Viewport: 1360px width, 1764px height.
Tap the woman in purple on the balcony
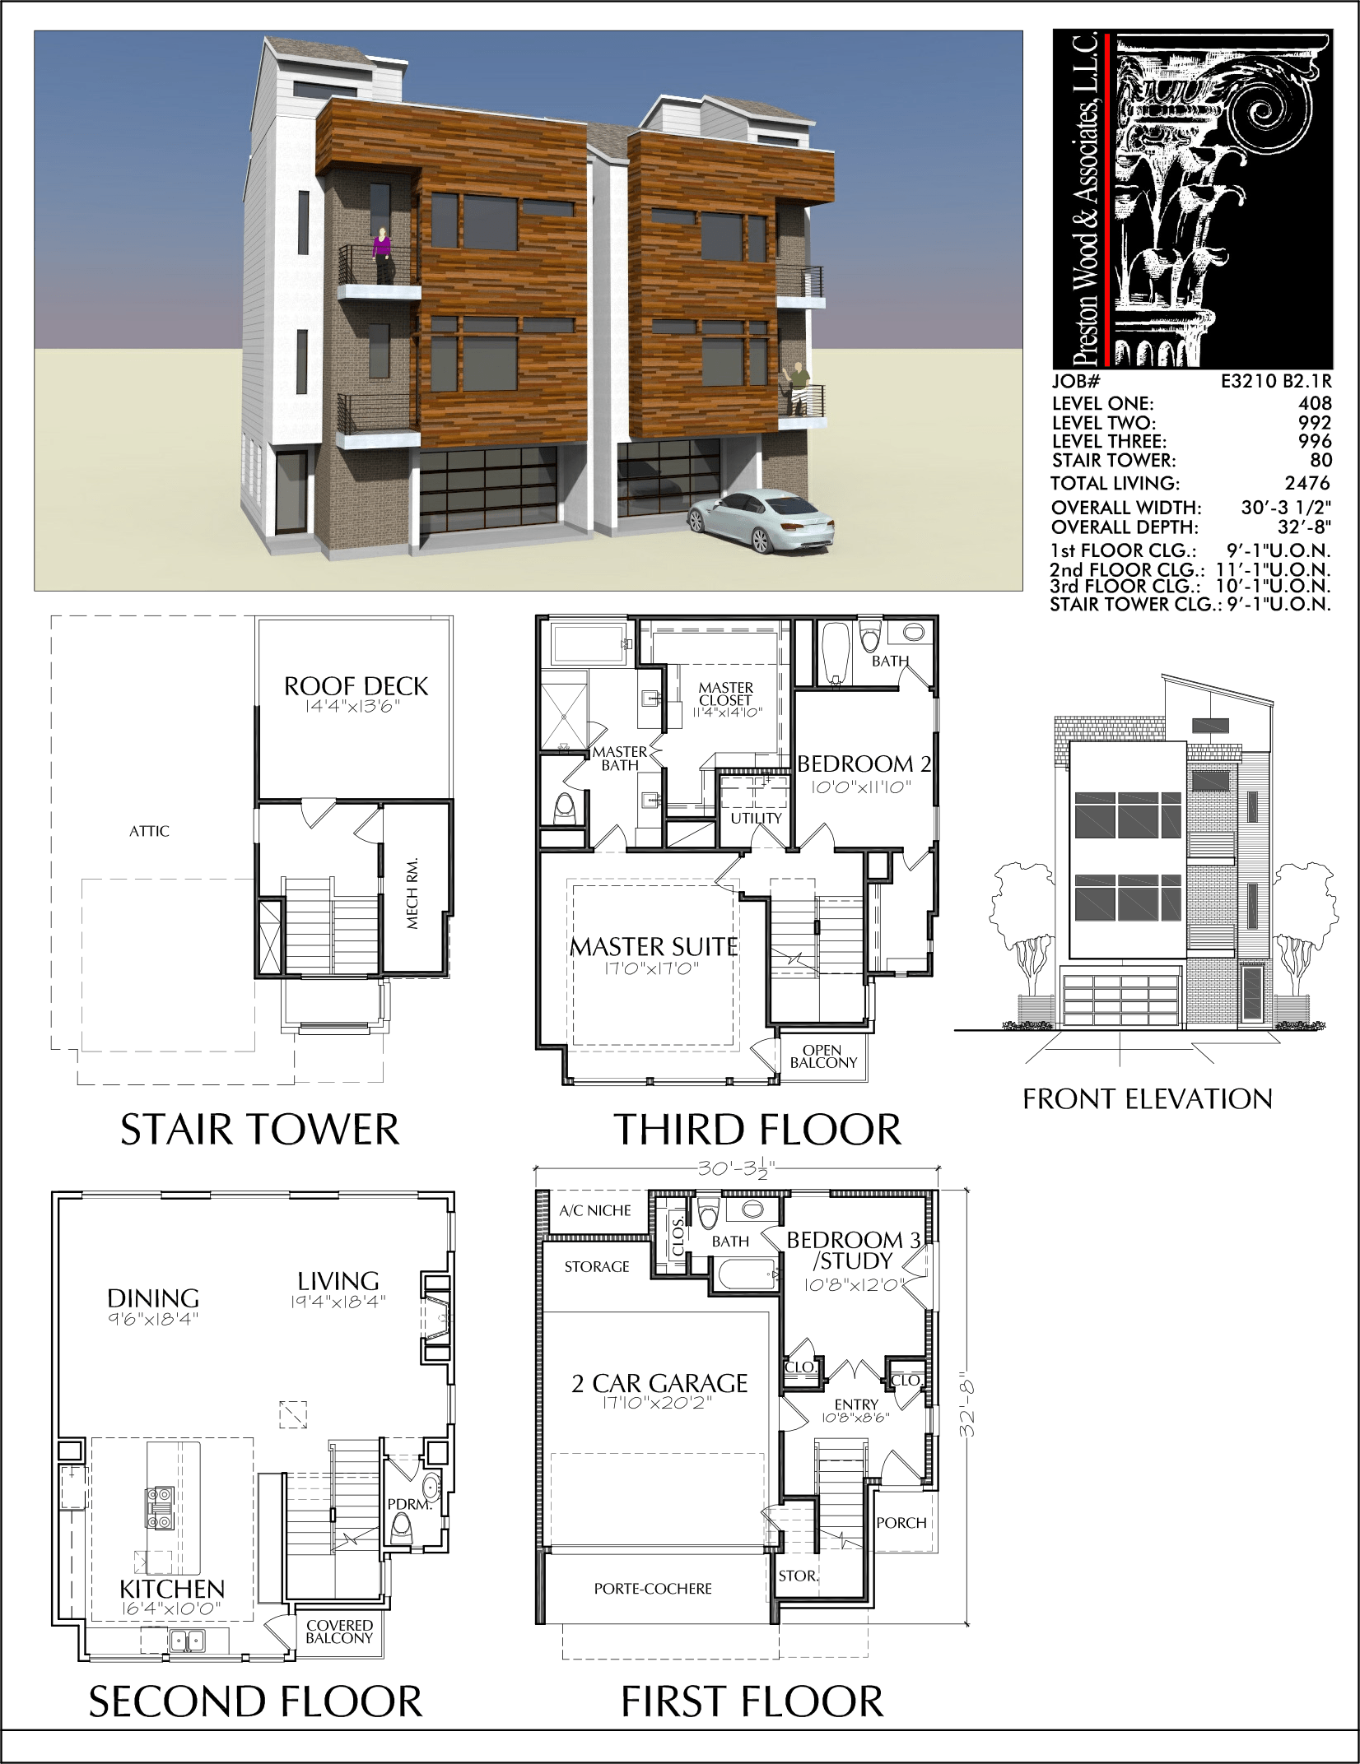[381, 256]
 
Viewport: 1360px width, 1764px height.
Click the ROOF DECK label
[356, 686]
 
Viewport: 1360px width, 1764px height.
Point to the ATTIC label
[149, 831]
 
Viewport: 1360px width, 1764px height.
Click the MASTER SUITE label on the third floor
[654, 947]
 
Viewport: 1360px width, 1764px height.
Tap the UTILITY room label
[756, 818]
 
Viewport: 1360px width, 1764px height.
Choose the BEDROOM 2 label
[864, 764]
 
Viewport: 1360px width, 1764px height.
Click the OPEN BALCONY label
[823, 1056]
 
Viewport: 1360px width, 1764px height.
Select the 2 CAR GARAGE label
[659, 1383]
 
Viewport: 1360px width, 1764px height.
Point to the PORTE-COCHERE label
[653, 1588]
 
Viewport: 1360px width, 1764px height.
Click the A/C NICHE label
[595, 1210]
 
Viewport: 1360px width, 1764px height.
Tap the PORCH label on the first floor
[901, 1523]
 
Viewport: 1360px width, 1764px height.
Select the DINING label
[153, 1298]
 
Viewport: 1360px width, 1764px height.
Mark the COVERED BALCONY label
[340, 1632]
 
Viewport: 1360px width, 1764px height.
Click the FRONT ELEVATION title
[1148, 1098]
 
